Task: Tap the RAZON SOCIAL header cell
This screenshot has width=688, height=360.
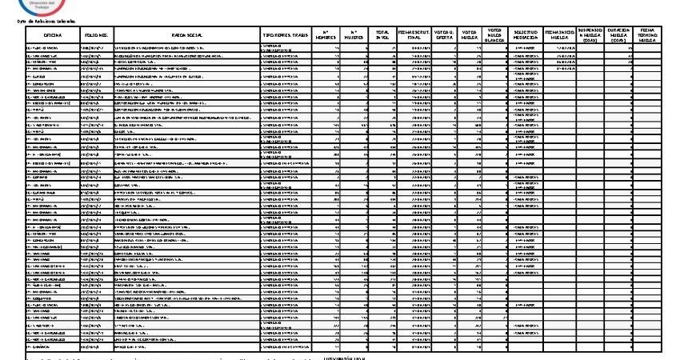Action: [187, 36]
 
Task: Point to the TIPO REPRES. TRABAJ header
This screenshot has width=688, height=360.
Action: [286, 36]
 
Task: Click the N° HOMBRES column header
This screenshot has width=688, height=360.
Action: [326, 36]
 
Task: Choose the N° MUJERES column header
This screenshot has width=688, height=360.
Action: [355, 36]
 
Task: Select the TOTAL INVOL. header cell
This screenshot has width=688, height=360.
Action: [382, 36]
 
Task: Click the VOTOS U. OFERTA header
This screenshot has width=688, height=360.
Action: [444, 36]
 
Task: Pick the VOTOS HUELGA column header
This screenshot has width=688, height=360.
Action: [470, 36]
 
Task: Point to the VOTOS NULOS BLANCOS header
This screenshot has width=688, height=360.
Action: [495, 36]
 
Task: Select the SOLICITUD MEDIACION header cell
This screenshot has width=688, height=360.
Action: [526, 36]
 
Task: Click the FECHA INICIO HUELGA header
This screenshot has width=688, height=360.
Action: [559, 36]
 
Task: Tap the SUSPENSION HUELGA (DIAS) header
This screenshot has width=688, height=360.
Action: [590, 36]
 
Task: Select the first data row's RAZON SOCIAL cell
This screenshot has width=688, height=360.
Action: [187, 47]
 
